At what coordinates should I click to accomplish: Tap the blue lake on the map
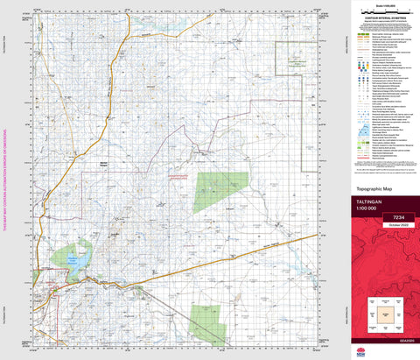(79, 261)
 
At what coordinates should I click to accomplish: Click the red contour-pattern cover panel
(386, 280)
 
